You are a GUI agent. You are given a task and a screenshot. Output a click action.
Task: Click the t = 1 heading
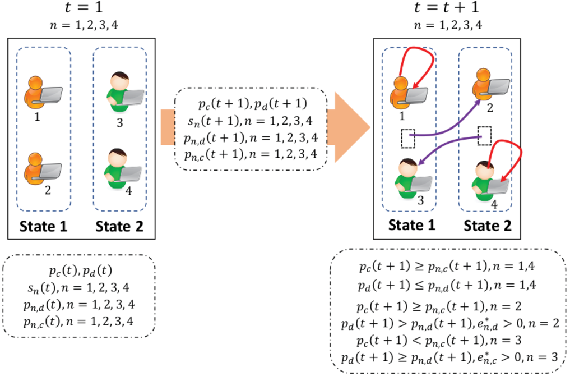84,7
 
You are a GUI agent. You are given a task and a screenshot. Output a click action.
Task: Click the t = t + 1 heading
447,7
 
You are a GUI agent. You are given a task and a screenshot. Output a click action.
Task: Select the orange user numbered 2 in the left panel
43,169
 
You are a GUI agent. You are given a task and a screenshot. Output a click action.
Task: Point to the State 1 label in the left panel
43,226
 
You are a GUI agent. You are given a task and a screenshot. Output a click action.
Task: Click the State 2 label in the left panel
119,226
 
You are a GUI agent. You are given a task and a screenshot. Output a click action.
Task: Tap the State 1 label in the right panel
411,225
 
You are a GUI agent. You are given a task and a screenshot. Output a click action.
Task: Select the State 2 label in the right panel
487,226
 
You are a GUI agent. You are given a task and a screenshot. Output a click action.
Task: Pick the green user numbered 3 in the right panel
413,178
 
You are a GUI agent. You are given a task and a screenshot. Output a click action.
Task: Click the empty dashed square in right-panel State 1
408,138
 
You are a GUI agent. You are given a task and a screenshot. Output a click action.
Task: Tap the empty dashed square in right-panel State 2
484,136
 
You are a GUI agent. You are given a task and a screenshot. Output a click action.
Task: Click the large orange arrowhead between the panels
349,127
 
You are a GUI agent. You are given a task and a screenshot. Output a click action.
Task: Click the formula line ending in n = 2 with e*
450,323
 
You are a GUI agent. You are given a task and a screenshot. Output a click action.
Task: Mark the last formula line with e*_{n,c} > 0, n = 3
449,357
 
